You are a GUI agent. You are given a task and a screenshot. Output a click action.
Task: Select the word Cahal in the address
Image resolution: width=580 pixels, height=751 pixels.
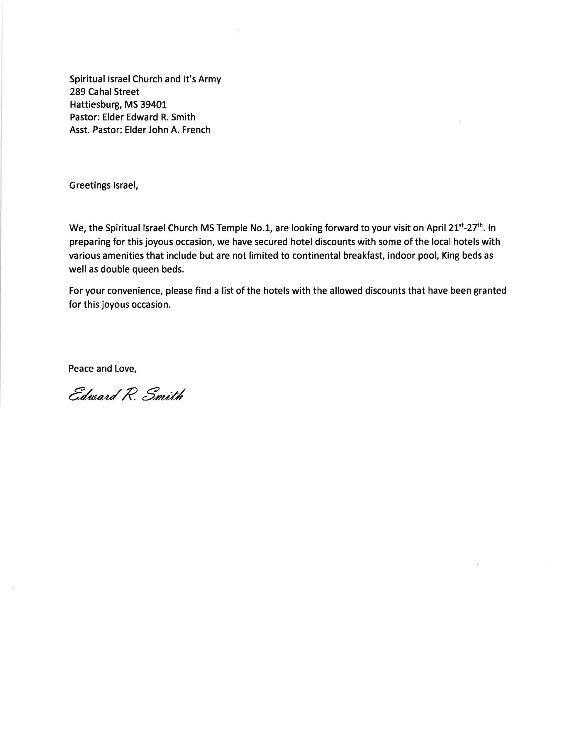click(x=100, y=92)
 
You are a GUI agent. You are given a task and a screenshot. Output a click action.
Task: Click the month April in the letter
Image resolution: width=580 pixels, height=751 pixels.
click(x=436, y=228)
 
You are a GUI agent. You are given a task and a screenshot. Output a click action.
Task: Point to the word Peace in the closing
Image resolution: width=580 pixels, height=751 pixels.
click(x=81, y=369)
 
